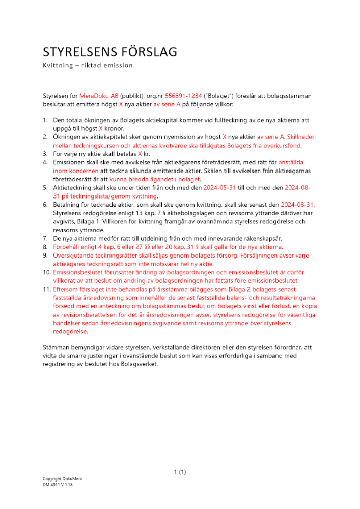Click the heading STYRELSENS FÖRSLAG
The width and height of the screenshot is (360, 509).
pyautogui.click(x=109, y=52)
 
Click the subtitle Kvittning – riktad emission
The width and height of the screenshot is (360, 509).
pyautogui.click(x=88, y=65)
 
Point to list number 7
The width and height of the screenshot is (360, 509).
pyautogui.click(x=45, y=238)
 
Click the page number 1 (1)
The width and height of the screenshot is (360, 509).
pyautogui.click(x=180, y=472)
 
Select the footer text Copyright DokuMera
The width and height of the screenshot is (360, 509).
pyautogui.click(x=62, y=479)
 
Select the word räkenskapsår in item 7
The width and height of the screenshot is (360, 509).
pyautogui.click(x=257, y=238)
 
